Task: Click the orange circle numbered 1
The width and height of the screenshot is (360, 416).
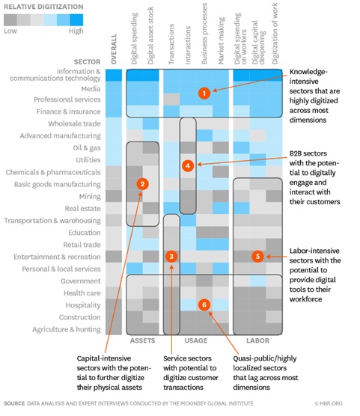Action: coord(204,93)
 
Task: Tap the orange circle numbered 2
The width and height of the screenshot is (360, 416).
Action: coord(142,184)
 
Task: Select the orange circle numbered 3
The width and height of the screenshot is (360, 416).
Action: coord(171,257)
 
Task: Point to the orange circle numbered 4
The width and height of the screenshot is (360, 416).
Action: coord(188,166)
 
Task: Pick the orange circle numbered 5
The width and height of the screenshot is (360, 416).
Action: coord(257,257)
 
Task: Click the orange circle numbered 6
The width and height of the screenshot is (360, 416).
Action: coord(204,305)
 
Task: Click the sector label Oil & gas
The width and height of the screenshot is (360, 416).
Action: coord(87,148)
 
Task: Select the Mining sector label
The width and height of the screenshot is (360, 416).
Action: coord(90,196)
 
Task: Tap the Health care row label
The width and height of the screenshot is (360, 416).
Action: coord(82,293)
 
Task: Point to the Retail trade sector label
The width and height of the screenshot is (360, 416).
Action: coord(82,245)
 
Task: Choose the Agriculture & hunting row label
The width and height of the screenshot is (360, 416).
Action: coord(67,329)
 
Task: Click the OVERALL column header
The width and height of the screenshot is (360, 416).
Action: coord(114,49)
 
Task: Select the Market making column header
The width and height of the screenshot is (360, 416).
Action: coord(222,40)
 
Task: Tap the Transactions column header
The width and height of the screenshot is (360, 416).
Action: coord(171,44)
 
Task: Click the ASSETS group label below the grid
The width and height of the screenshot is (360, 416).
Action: coord(142,340)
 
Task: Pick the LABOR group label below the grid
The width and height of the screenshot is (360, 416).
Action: coord(257,340)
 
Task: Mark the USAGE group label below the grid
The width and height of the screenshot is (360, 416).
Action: coord(196,340)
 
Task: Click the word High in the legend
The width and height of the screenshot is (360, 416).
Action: coord(76,31)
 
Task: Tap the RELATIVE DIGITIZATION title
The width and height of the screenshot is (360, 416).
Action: coord(43,7)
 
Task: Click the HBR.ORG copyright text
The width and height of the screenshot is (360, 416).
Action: coord(329,403)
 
